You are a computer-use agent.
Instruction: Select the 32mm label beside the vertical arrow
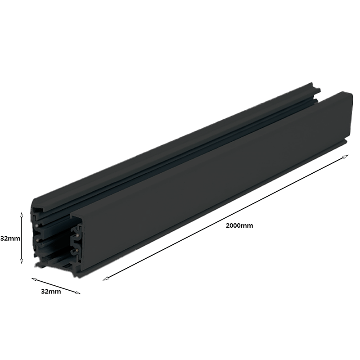tap(10, 238)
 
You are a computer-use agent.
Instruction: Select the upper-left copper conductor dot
tap(35, 223)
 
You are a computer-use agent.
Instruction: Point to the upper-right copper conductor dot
tap(77, 234)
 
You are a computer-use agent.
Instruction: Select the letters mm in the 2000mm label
tap(246, 225)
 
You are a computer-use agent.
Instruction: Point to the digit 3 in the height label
tap(3, 238)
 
